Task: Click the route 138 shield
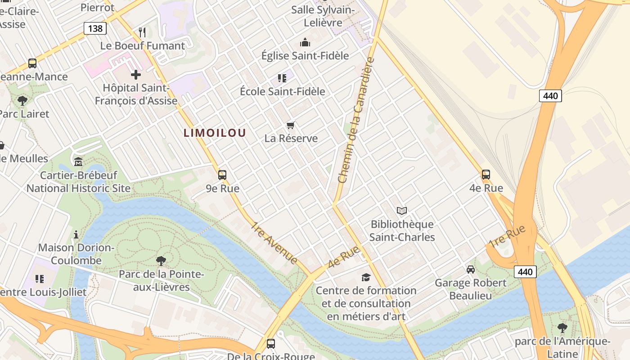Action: coord(95,28)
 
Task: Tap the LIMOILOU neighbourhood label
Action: coord(215,133)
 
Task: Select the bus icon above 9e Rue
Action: coord(222,175)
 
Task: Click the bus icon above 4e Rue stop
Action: coord(486,174)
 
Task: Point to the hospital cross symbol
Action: coord(136,75)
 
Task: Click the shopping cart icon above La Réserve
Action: coord(291,125)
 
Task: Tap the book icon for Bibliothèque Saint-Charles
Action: coord(402,210)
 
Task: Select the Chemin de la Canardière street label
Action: coord(356,121)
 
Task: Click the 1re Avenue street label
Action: coord(274,243)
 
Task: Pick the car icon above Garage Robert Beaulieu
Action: coord(471,269)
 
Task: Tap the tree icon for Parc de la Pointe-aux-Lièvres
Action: coord(161,261)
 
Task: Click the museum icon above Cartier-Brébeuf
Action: coord(78,161)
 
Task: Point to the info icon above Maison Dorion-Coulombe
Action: coord(76,234)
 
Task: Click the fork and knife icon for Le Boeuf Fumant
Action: coord(142,32)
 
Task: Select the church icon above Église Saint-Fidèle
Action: coord(305,43)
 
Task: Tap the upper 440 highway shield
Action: coord(550,95)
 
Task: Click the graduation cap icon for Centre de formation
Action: coord(366,277)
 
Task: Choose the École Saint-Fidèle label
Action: coord(282,91)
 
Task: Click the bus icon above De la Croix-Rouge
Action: coord(271,343)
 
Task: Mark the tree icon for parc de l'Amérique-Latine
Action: coord(562,328)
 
